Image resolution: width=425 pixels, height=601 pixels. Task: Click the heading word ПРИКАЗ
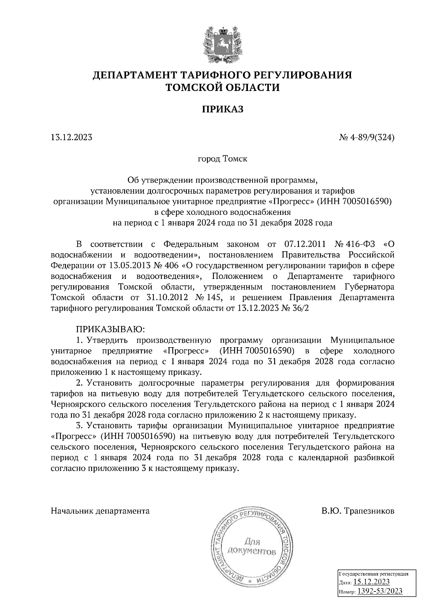coord(223,109)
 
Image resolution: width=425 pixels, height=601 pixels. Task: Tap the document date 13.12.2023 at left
coord(71,137)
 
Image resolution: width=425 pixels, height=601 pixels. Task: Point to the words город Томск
coord(222,159)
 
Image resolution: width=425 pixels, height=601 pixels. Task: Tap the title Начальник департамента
coord(100,511)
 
